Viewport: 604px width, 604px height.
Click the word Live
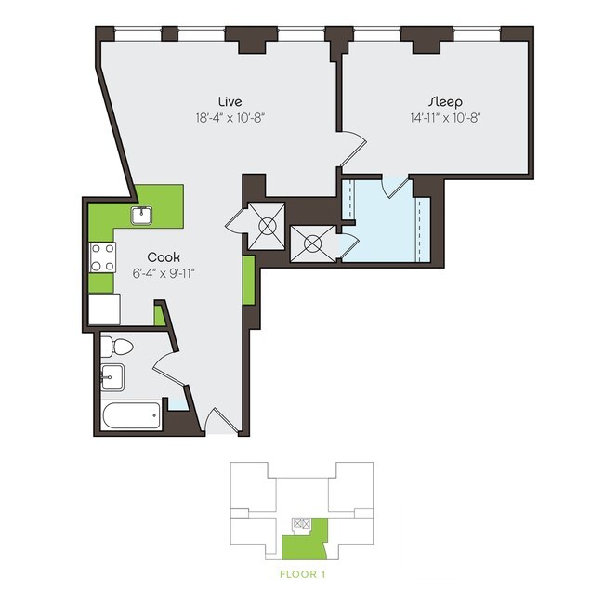(x=230, y=100)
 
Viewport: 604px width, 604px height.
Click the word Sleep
(x=445, y=100)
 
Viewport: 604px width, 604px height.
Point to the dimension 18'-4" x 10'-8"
(x=230, y=117)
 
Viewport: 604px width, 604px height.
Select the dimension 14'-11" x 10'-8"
(x=445, y=117)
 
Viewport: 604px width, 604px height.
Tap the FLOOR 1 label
(x=302, y=574)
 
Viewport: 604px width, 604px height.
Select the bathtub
(x=132, y=414)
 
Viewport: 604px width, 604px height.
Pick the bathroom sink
(x=112, y=376)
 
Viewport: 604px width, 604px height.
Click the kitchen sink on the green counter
(x=142, y=216)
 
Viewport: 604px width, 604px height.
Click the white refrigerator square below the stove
(x=104, y=308)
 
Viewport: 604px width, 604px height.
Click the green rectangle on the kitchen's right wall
(x=248, y=280)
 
